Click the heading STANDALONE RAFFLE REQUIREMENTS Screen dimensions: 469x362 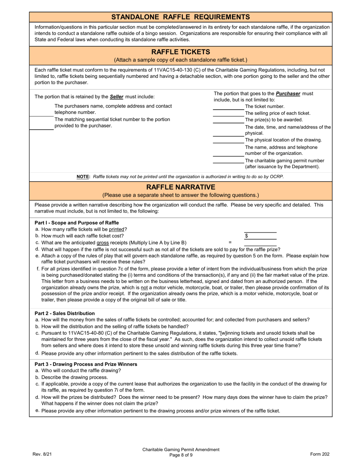coord(181,17)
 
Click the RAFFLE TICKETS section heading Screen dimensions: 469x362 coord(181,52)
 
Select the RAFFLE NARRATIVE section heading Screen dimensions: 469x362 coord(181,187)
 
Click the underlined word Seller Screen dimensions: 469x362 coord(117,97)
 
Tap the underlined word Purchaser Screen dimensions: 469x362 coord(288,93)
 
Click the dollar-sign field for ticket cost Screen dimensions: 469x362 coord(260,236)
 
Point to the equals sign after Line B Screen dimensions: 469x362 coord(230,242)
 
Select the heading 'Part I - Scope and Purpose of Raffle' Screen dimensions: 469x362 coord(77,223)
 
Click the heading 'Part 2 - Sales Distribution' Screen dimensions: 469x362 coord(65,313)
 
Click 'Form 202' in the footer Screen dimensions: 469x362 coord(320,454)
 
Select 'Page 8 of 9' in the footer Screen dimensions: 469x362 coord(181,455)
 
